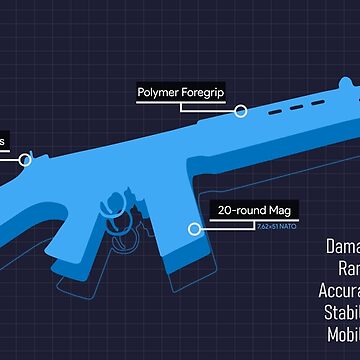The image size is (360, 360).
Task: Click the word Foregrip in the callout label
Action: pos(203,94)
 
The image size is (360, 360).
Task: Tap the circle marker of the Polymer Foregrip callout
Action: pos(240,110)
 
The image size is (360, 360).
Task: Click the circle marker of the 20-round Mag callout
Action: pos(194,228)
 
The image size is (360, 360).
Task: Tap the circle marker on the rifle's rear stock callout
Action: pos(26,158)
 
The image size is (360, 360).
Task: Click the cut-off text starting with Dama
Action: pos(343,247)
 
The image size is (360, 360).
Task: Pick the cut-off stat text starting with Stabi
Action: pos(344,311)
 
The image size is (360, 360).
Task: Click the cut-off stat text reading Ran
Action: pos(347,268)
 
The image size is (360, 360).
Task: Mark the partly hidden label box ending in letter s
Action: pos(5,141)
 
